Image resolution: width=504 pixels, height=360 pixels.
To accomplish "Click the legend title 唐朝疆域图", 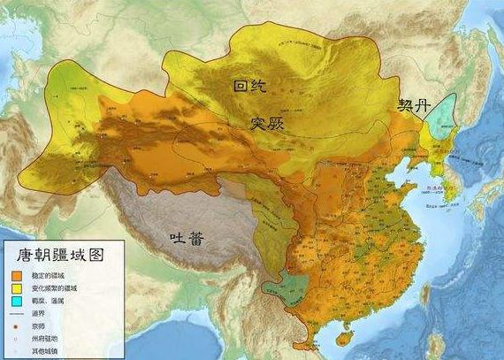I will (60, 255).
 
